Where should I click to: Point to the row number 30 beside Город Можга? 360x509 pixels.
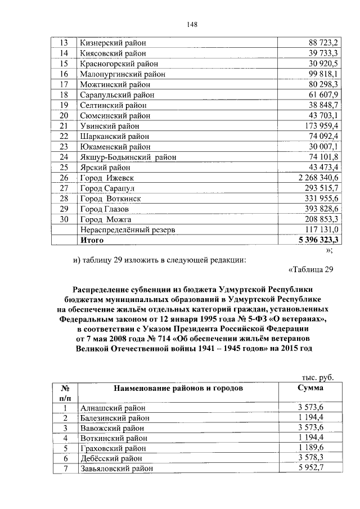pos(64,219)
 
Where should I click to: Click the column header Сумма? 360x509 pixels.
pos(310,388)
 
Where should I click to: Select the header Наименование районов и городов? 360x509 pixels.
pos(178,388)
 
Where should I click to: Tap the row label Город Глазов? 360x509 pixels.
pos(108,209)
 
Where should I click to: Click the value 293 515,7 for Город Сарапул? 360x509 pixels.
pos(319,187)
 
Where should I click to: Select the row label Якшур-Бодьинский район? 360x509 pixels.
pos(128,157)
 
